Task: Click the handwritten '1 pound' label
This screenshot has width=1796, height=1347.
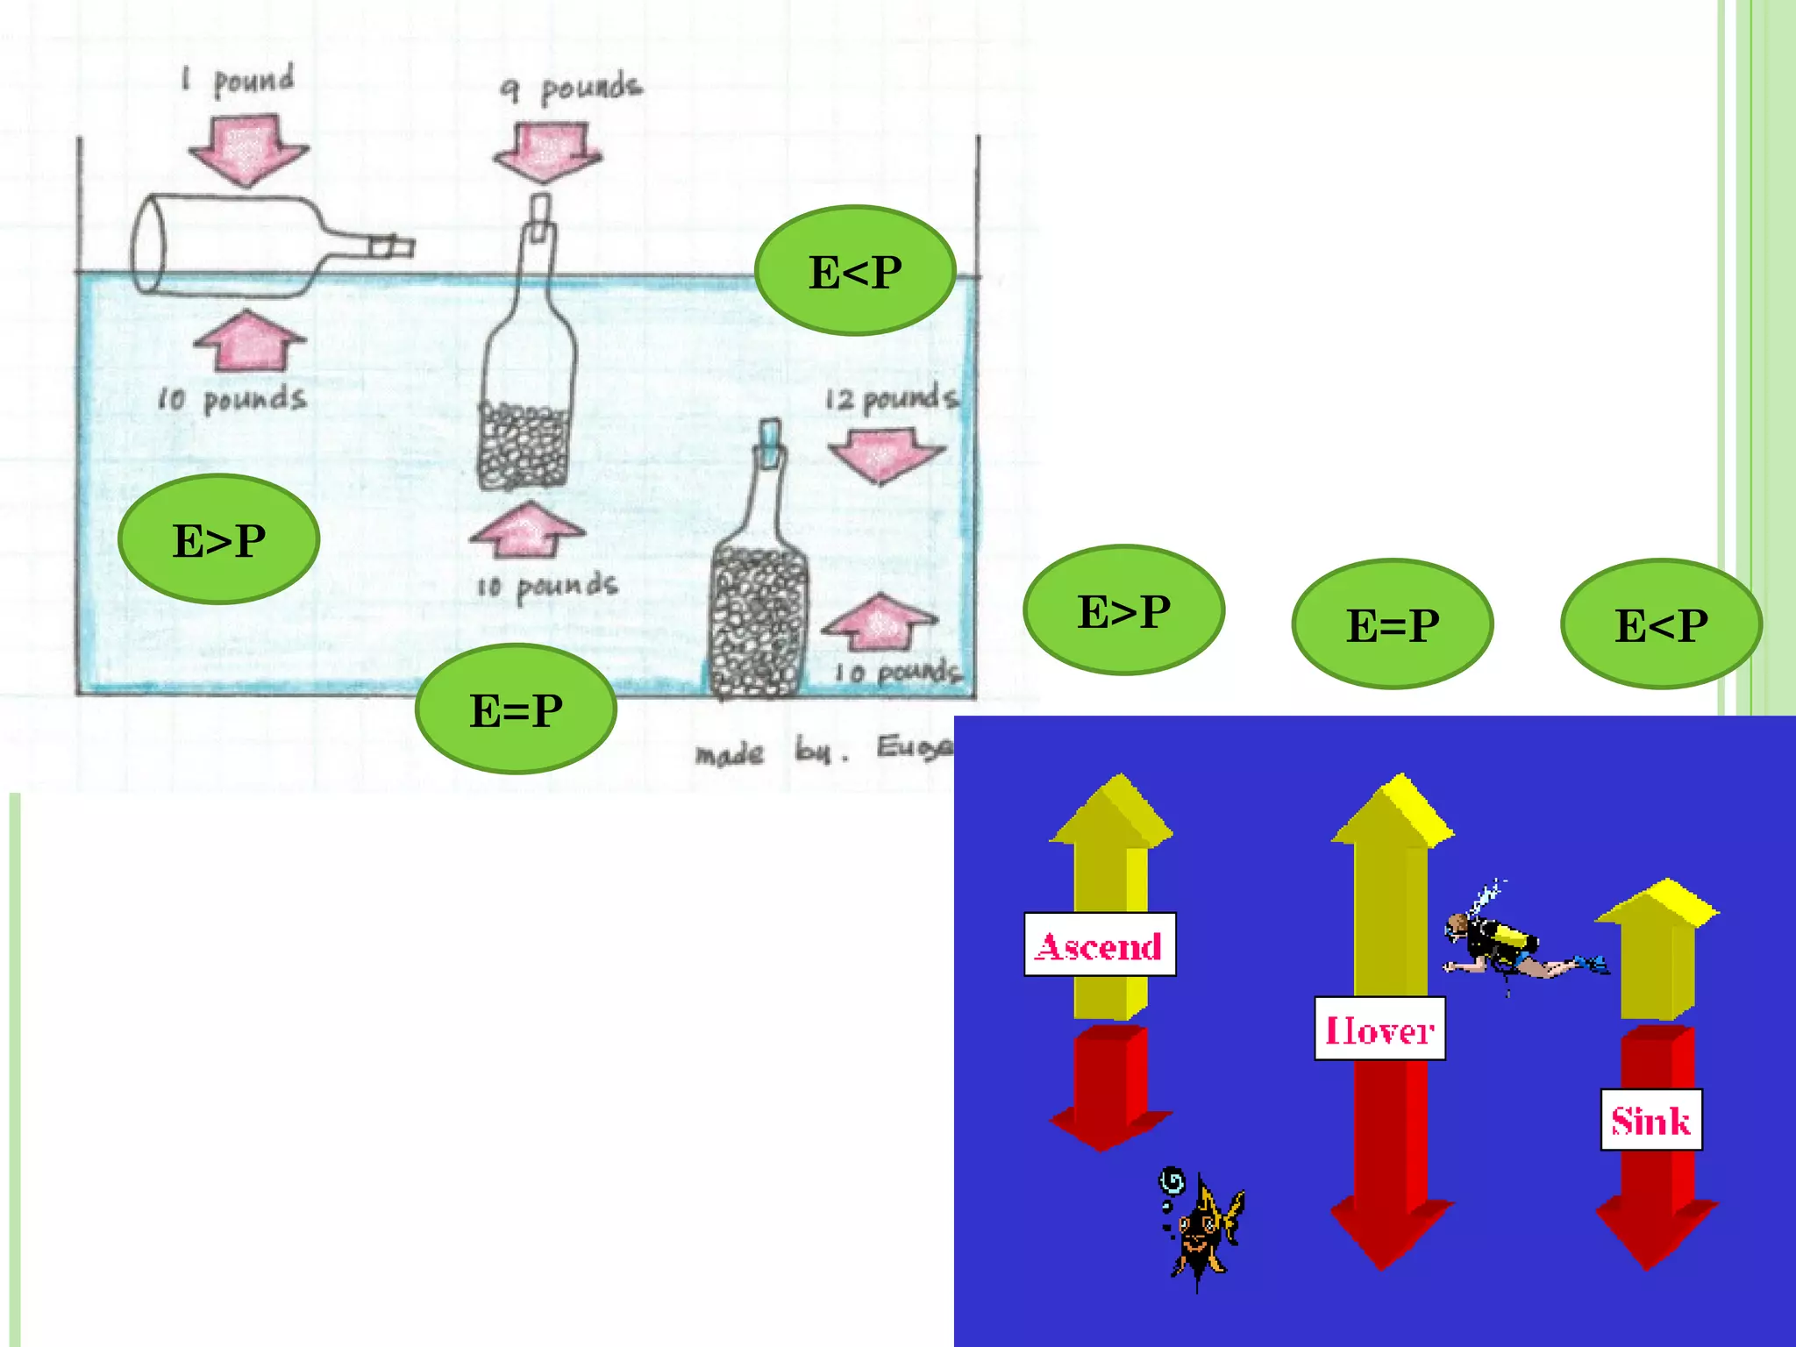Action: pyautogui.click(x=239, y=81)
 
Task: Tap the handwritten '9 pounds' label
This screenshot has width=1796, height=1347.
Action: pyautogui.click(x=571, y=88)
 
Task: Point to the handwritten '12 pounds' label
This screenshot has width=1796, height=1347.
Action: pyautogui.click(x=891, y=399)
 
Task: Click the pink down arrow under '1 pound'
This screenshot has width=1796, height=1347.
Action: pyautogui.click(x=248, y=150)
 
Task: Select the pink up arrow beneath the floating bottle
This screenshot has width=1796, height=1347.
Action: pyautogui.click(x=250, y=341)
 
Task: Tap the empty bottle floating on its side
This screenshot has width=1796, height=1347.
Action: pyautogui.click(x=254, y=245)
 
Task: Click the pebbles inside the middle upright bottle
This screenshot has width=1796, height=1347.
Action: pyautogui.click(x=524, y=446)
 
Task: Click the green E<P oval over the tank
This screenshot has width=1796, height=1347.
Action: pyautogui.click(x=855, y=271)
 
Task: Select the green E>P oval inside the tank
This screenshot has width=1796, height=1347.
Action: pyautogui.click(x=219, y=539)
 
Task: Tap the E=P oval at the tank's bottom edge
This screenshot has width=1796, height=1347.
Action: pyautogui.click(x=516, y=709)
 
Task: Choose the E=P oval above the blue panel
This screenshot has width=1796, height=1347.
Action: pyautogui.click(x=1393, y=624)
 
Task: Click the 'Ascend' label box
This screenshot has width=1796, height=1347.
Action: pyautogui.click(x=1100, y=945)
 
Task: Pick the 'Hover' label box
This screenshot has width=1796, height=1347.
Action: pyautogui.click(x=1379, y=1030)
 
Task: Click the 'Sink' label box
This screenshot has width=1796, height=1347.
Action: pyautogui.click(x=1651, y=1120)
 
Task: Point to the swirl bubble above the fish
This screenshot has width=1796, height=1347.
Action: pyautogui.click(x=1172, y=1182)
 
